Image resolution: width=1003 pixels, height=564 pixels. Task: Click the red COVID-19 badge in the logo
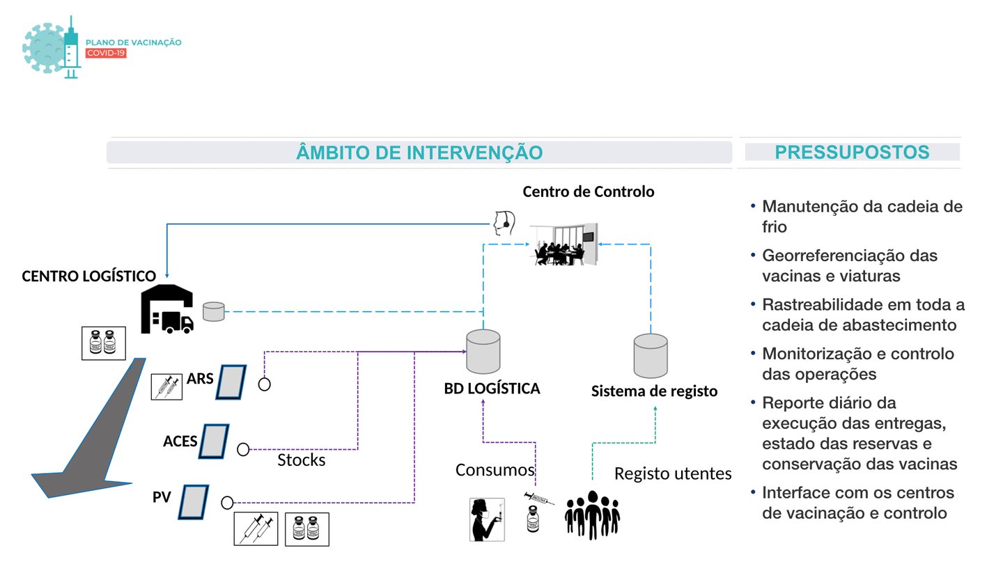106,53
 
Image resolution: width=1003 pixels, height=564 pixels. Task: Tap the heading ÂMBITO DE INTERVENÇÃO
419,152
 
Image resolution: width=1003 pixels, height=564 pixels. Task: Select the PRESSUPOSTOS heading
852,152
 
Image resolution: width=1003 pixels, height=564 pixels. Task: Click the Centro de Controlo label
589,191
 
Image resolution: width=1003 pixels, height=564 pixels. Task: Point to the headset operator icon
504,223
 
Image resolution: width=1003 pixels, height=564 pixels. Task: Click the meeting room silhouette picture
564,244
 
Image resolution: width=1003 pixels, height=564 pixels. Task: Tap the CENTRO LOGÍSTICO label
88,276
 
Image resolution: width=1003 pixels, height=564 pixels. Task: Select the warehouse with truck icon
167,309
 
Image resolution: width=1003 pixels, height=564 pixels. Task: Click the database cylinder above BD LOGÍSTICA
483,352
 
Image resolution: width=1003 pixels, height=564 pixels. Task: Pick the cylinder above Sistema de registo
651,356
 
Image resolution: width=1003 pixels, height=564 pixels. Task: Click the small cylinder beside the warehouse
214,311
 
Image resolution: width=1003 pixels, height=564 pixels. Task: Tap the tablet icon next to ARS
231,382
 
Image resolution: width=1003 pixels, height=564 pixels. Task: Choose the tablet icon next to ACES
214,441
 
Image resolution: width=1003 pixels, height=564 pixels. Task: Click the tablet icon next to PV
194,502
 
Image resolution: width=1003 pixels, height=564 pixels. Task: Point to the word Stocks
302,460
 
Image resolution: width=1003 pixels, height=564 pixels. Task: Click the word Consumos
495,470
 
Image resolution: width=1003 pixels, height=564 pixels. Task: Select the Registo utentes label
673,473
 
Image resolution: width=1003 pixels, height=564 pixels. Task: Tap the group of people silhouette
592,515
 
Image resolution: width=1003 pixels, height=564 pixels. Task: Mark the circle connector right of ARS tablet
264,384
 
